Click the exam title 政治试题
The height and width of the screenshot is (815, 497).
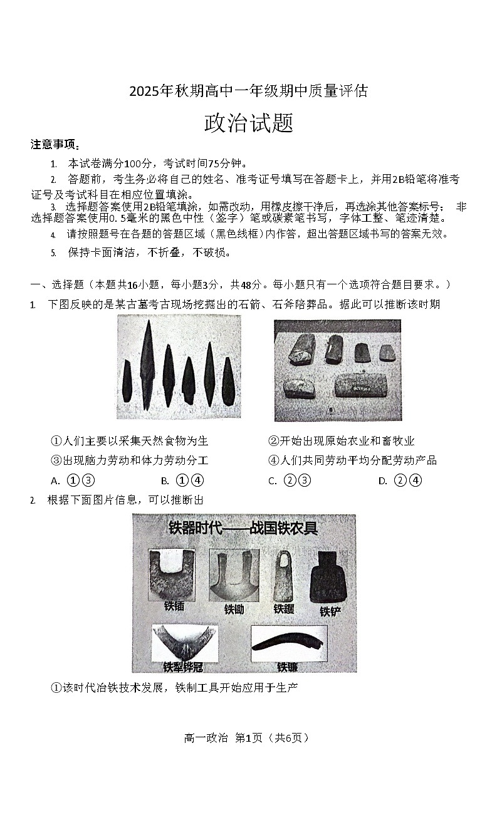point(248,123)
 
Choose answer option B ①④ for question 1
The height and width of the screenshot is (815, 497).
point(182,481)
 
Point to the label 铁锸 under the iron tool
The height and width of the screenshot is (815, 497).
point(174,606)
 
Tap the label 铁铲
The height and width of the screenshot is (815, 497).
point(330,611)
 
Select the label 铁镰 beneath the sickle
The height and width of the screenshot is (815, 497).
point(288,667)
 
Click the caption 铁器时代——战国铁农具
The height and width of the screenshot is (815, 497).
point(243,528)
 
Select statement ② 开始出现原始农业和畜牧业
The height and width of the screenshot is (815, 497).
point(341,442)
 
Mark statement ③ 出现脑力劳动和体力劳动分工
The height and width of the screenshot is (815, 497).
point(129,461)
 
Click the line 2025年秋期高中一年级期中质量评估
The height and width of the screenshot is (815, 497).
point(248,91)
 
